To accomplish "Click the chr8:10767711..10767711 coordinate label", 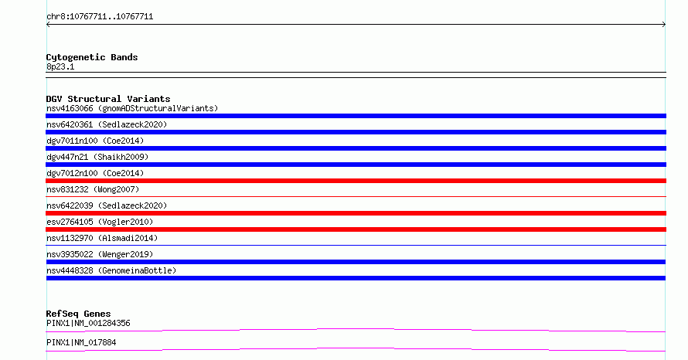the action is [x=100, y=17].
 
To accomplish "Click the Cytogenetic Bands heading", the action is [x=92, y=57].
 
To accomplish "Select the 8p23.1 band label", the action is [x=60, y=66].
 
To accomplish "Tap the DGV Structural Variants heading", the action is [x=108, y=99].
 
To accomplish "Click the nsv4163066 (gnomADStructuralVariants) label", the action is [x=132, y=108].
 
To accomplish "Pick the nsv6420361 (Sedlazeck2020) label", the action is [x=107, y=124].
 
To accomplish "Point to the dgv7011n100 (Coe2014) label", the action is [x=95, y=141].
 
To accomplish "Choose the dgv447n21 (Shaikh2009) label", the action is [x=97, y=157].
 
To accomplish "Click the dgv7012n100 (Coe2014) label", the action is [x=95, y=173].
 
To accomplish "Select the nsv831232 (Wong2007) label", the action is [x=93, y=189].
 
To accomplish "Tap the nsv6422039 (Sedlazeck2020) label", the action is [x=107, y=205].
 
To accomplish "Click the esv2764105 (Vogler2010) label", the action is [x=100, y=222].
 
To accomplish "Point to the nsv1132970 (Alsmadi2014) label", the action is [x=102, y=238].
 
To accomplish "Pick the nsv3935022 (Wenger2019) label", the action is [x=100, y=254].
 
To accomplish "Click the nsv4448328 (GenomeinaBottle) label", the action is [x=111, y=270].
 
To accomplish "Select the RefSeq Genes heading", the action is [x=78, y=314].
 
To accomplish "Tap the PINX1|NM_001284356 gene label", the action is [x=88, y=323].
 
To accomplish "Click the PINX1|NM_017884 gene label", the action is [x=81, y=342].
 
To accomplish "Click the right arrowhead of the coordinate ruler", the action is [x=664, y=25].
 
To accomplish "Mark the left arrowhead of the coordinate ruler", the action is [x=48, y=25].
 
